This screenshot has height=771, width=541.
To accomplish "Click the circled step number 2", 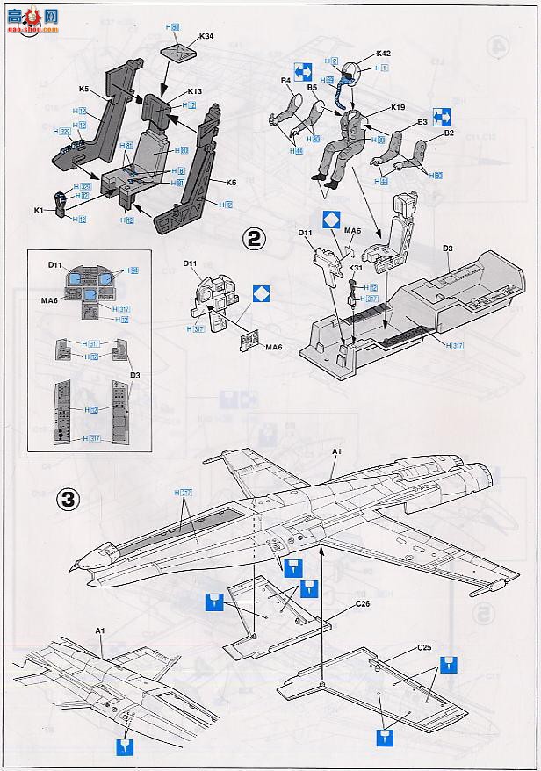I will (254, 238).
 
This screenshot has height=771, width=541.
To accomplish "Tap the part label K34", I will (206, 37).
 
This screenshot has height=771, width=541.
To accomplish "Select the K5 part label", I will (83, 89).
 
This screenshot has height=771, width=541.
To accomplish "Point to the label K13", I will (195, 91).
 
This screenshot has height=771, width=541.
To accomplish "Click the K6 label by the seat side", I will (232, 183).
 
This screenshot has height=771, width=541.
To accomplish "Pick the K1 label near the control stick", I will (40, 211).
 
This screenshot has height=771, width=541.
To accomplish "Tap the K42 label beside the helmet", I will (383, 54).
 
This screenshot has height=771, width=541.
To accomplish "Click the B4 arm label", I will (285, 81).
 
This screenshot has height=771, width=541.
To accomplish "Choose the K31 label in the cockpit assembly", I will (356, 267).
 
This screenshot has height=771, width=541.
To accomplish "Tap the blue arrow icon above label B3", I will (442, 115).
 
